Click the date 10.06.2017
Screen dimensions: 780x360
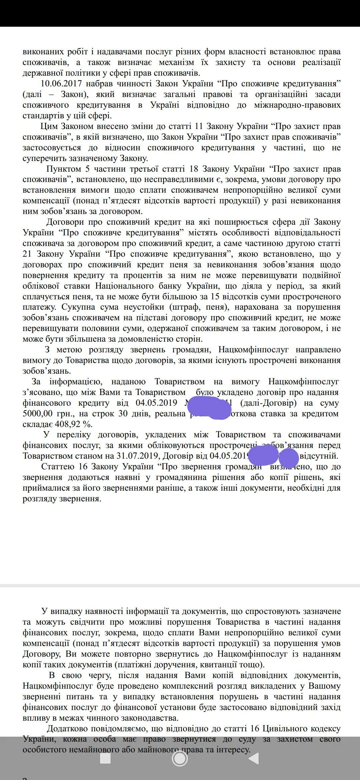pos(61,84)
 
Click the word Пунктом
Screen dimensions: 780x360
pos(64,169)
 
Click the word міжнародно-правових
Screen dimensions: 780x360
pos(297,105)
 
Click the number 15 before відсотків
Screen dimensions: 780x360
pos(215,296)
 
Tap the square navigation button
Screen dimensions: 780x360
pos(105,759)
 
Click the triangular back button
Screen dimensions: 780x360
pos(254,759)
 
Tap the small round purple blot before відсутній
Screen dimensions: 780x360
pos(288,458)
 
